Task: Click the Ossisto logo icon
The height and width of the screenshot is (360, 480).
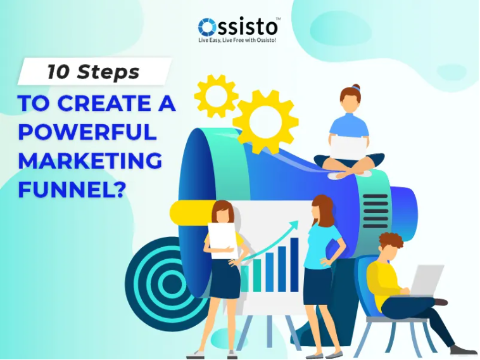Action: pyautogui.click(x=207, y=27)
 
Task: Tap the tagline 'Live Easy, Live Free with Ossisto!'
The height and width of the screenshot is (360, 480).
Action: pyautogui.click(x=237, y=41)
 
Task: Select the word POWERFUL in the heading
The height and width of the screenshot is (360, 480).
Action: pyautogui.click(x=87, y=132)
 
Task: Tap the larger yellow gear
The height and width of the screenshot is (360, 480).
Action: pyautogui.click(x=265, y=121)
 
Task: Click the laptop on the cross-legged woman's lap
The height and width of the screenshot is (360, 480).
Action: pyautogui.click(x=348, y=147)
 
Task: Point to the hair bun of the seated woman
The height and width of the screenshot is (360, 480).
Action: pyautogui.click(x=356, y=87)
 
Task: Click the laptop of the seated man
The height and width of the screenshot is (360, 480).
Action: pyautogui.click(x=426, y=280)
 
